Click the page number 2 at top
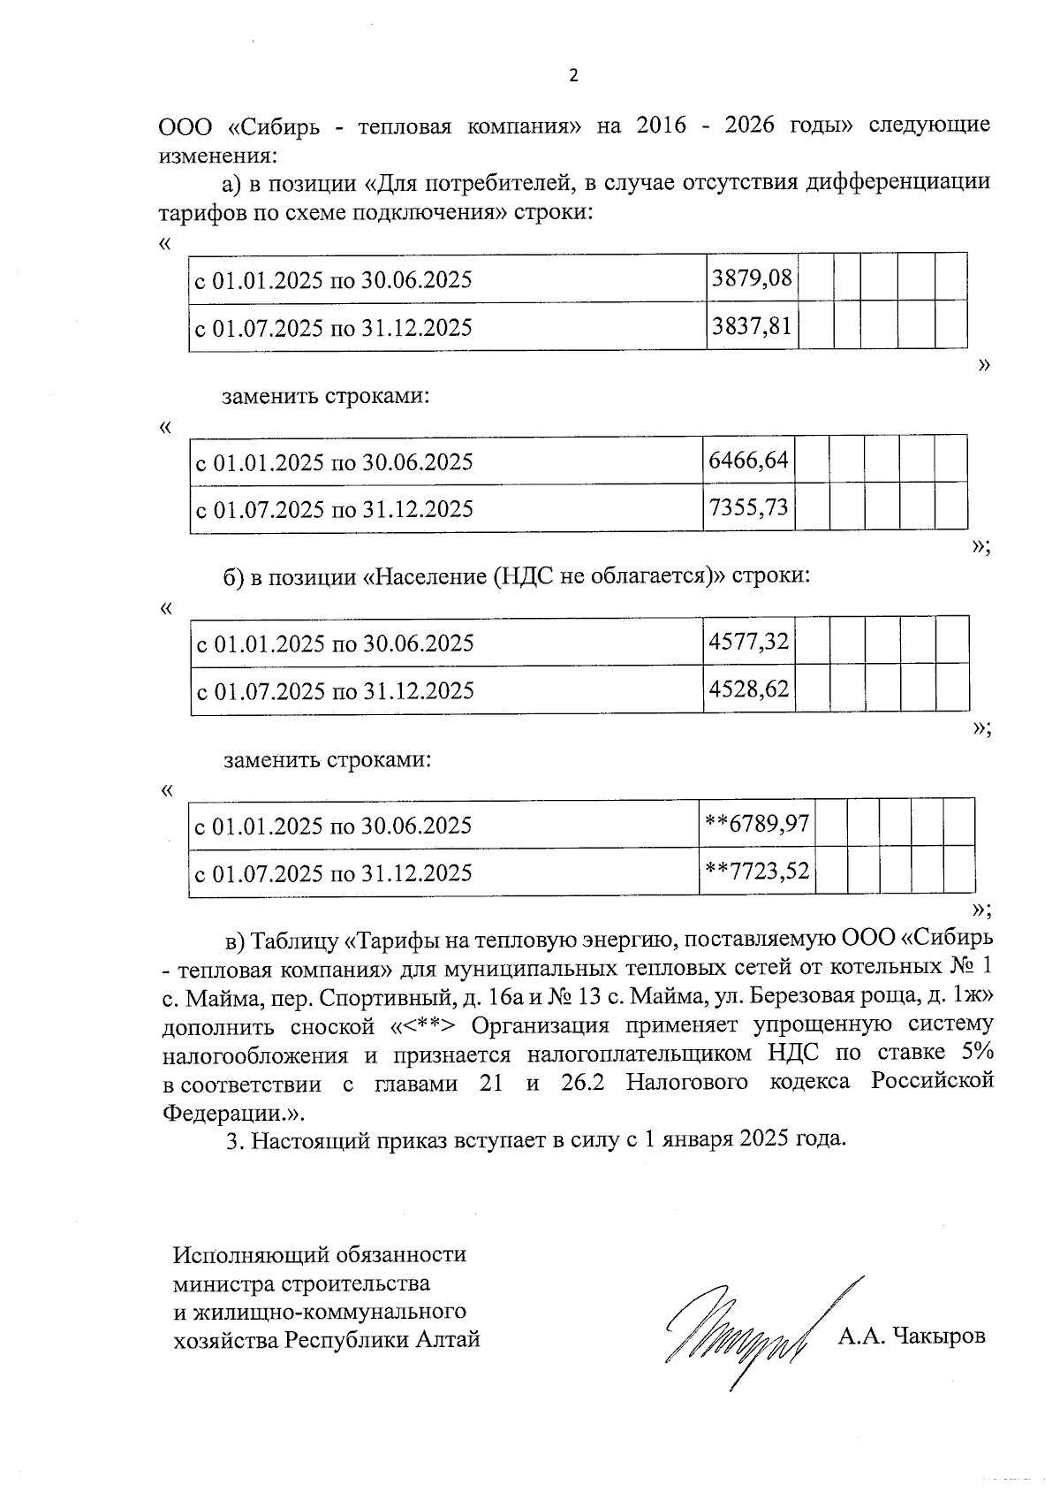[572, 76]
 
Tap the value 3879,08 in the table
[753, 279]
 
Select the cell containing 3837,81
[753, 327]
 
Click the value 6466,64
[749, 461]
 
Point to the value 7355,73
[749, 508]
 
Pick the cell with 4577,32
[749, 642]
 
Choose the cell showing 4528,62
[749, 689]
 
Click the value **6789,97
[756, 824]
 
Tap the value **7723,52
[756, 872]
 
